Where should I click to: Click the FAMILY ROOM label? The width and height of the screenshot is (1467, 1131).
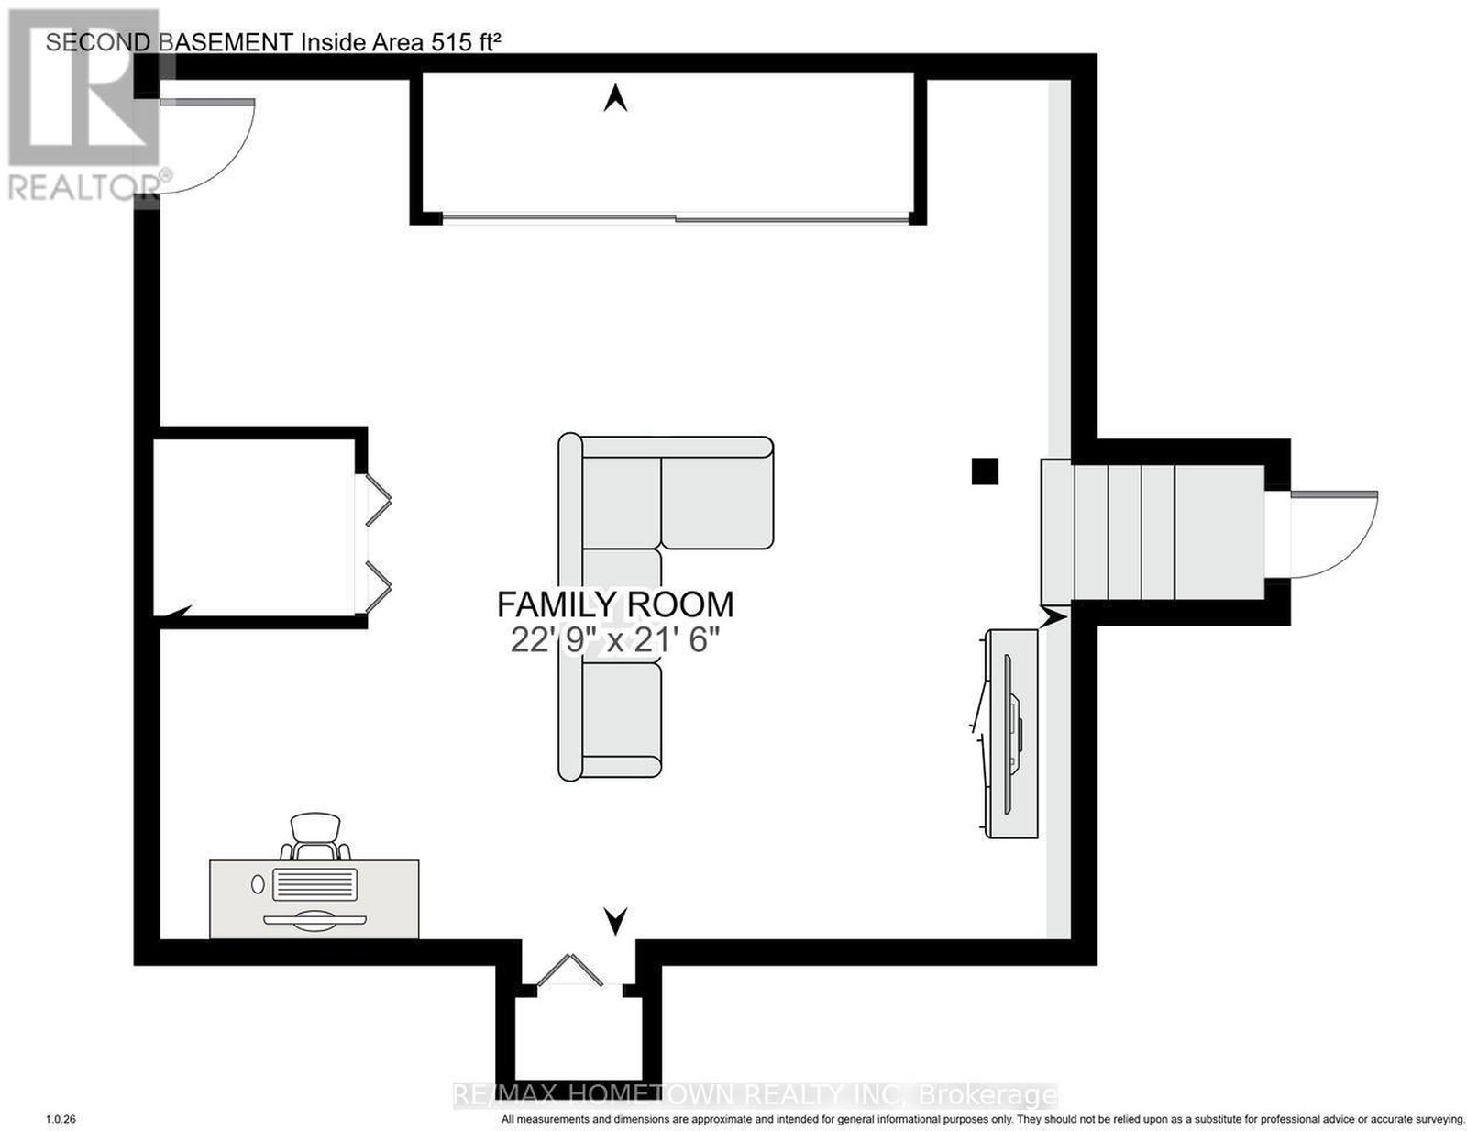(x=615, y=604)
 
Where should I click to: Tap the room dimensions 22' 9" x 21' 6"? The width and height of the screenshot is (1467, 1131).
(x=612, y=640)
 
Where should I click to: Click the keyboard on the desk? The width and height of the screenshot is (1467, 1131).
(x=314, y=884)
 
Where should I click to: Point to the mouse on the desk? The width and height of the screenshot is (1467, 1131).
(x=258, y=884)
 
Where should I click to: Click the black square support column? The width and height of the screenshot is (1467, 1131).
(x=985, y=471)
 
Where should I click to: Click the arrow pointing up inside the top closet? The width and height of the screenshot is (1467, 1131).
(x=615, y=98)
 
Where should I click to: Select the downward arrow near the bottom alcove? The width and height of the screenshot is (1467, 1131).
(x=615, y=921)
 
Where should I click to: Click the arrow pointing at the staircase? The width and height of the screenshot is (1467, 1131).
(x=1053, y=616)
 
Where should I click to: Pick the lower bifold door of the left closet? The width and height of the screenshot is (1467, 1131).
(x=378, y=587)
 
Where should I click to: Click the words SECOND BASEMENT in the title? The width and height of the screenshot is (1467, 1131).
(x=169, y=42)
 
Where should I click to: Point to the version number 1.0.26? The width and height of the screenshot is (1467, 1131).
(x=61, y=1119)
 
